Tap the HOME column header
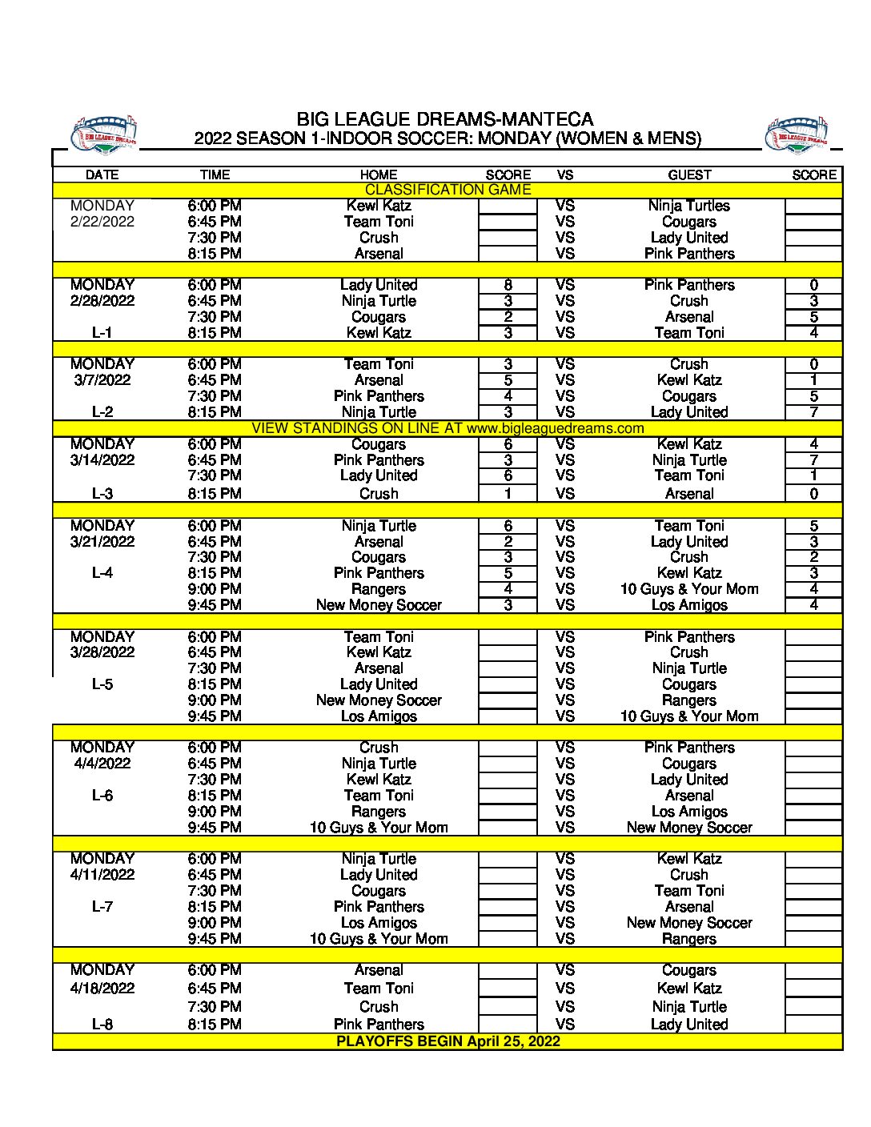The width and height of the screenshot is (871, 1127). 379,174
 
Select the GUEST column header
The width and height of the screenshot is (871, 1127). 689,174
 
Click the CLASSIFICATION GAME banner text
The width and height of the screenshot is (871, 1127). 448,190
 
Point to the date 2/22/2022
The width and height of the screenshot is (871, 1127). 102,222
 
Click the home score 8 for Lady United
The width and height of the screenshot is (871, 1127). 508,285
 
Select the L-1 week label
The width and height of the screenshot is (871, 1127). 102,333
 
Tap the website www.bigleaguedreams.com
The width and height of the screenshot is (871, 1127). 555,428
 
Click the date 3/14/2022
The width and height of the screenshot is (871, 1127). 102,460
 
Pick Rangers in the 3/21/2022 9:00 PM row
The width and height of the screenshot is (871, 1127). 379,589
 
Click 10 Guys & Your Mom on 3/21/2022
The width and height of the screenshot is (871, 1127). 689,589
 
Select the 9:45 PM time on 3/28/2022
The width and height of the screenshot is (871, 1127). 215,716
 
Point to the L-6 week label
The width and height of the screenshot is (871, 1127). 102,796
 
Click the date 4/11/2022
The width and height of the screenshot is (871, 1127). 102,875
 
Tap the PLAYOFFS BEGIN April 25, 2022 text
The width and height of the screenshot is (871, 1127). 448,1041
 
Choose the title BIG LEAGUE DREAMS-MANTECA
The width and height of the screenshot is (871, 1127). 445,119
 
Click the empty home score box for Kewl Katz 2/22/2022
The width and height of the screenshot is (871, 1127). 508,206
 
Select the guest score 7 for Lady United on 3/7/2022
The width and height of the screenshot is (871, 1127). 813,412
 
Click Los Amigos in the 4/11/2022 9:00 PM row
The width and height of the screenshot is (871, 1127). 379,923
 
